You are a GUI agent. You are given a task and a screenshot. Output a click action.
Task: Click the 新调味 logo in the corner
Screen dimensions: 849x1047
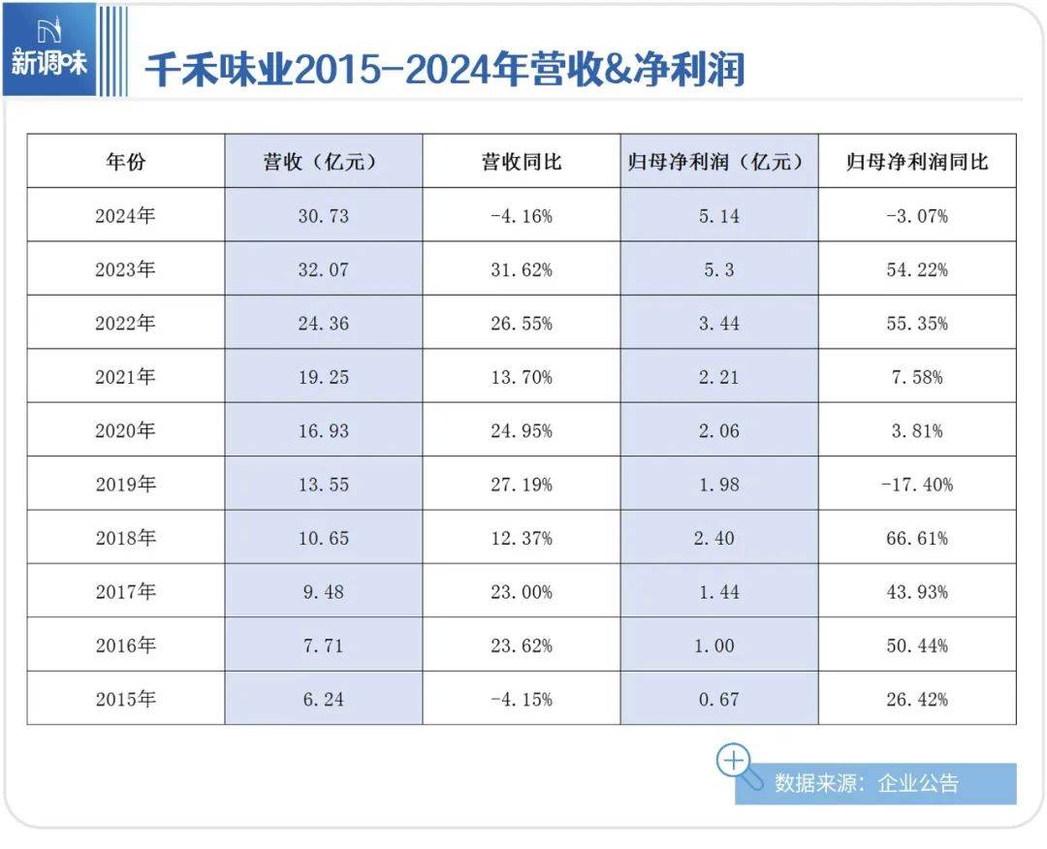49,50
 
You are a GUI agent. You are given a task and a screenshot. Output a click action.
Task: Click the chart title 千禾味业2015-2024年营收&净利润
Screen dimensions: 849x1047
445,69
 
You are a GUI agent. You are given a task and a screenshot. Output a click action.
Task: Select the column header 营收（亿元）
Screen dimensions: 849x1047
324,162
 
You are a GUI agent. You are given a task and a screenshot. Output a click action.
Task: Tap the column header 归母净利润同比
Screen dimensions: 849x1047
916,162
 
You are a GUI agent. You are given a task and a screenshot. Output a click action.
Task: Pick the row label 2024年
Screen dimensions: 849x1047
125,216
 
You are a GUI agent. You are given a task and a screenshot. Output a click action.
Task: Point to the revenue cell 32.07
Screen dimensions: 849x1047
324,270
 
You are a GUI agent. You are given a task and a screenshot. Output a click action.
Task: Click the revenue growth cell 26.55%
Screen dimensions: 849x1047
522,324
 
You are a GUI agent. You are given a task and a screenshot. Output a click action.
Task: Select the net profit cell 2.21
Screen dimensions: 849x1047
718,378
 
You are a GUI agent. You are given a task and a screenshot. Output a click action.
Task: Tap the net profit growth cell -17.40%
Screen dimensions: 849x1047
916,484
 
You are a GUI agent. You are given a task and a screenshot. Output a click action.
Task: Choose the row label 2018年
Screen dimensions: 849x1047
125,538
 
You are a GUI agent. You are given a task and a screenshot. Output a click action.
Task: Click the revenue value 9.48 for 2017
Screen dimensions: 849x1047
324,591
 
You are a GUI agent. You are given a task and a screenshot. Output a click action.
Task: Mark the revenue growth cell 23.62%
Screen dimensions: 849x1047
522,645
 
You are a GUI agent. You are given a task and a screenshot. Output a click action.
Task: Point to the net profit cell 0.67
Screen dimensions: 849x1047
718,699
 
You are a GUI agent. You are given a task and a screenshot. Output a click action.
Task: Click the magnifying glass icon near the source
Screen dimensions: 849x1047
734,761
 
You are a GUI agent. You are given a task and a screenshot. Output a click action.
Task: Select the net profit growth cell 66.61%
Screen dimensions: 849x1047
916,538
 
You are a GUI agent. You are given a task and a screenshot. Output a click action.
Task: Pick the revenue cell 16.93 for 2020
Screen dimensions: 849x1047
324,431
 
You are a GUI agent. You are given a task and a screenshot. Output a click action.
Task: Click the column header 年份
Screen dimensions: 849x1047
125,162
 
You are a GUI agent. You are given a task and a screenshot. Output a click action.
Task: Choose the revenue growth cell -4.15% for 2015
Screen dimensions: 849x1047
522,699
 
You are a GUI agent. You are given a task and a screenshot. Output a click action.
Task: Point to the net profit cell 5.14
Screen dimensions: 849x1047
718,216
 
